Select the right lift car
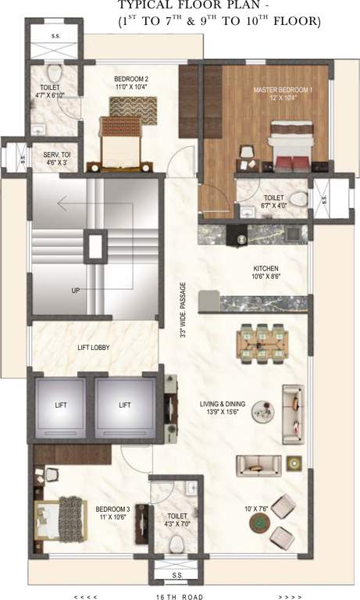coord(125,405)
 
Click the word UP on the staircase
coord(77,291)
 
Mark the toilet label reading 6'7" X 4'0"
coord(273,202)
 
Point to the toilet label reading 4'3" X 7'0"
coord(177,520)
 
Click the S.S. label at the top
coord(56,37)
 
